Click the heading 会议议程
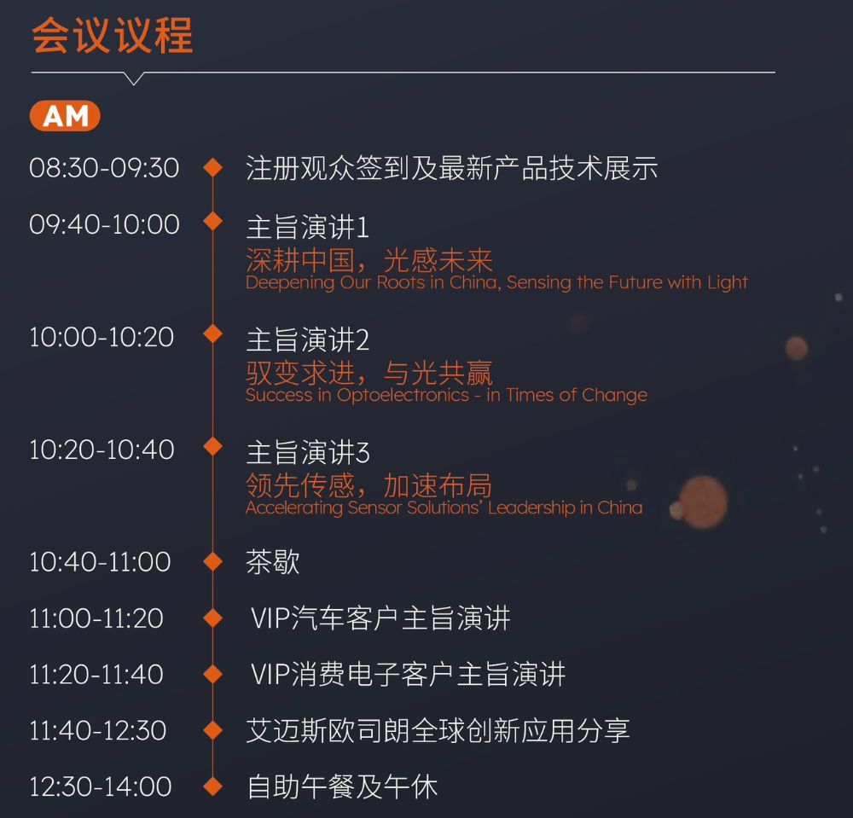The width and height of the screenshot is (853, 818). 113,37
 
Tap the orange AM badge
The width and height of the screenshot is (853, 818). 65,116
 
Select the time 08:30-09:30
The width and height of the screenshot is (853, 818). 104,168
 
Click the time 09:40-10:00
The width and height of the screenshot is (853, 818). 104,224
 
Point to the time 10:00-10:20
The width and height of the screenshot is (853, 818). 102,337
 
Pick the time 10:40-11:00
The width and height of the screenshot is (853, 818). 100,562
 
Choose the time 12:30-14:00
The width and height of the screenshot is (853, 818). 101,786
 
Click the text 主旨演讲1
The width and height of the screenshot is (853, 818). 307,227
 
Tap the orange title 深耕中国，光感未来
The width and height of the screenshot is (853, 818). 368,260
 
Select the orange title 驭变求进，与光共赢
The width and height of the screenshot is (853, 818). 368,373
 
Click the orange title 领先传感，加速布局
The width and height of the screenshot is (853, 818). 368,485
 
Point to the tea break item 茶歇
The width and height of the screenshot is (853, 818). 273,563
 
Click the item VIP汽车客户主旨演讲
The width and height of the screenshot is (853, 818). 380,618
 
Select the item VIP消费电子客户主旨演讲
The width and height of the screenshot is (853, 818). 408,675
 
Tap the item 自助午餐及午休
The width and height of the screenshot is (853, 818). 342,786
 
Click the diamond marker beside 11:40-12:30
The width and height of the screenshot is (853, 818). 212,730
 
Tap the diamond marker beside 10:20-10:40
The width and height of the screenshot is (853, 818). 212,447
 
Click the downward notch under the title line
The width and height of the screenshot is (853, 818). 134,78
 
